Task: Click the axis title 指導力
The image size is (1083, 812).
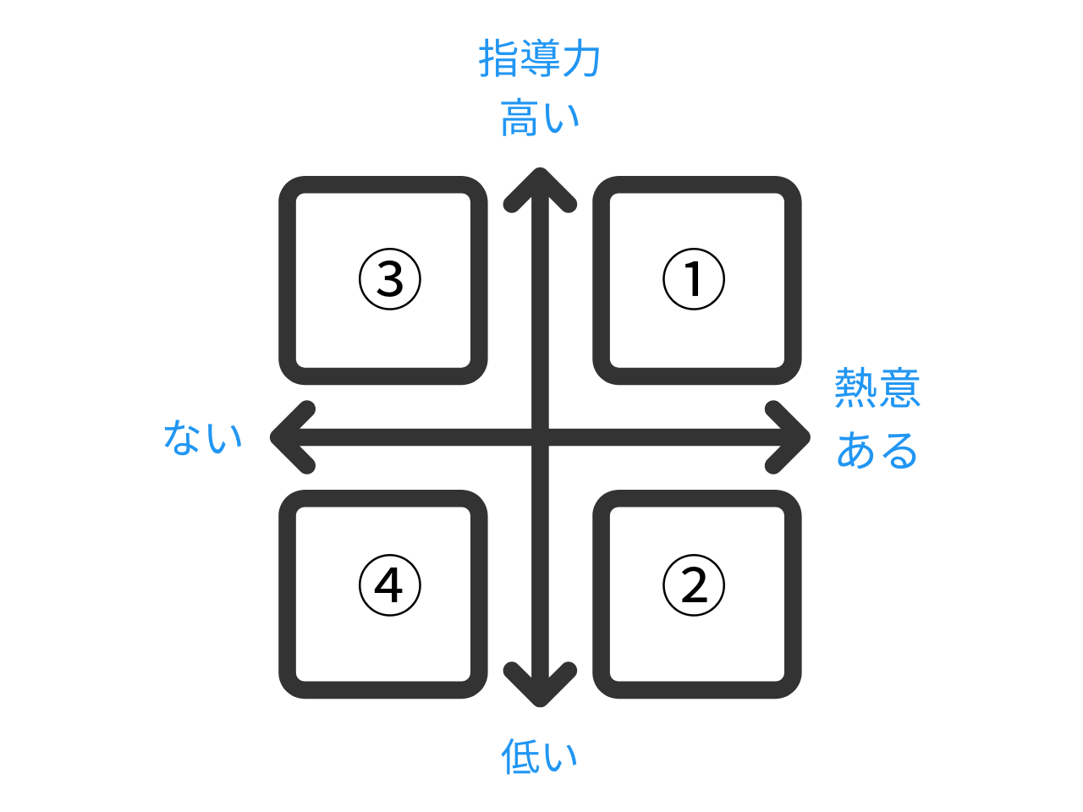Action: pos(539,58)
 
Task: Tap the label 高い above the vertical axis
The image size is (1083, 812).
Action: pos(539,118)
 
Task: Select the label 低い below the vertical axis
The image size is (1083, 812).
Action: pos(539,756)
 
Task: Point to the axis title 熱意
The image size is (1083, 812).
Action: pos(877,387)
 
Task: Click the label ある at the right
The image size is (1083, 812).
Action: pos(877,450)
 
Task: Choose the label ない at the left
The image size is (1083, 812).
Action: pos(203,436)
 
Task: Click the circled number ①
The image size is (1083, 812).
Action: pos(694,279)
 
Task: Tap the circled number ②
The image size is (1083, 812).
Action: pos(694,585)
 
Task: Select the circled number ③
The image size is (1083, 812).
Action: pos(390,279)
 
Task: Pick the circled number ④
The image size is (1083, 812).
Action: pos(390,585)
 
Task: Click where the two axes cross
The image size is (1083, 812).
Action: pos(541,437)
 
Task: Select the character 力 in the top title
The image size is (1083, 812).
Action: pos(580,58)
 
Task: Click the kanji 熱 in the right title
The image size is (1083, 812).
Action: pos(855,387)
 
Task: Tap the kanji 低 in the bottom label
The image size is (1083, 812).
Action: pos(520,756)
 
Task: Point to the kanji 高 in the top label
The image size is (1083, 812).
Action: pos(520,118)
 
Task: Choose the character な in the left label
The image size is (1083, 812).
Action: pos(182,436)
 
